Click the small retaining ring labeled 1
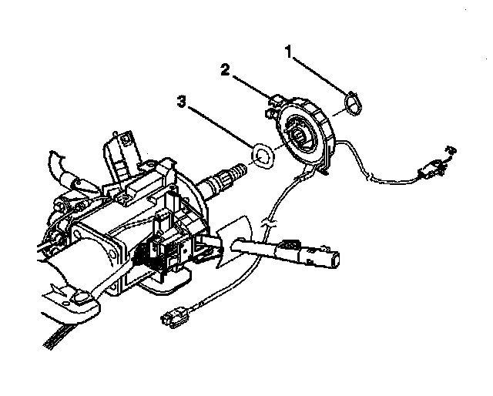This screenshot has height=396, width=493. [x=351, y=102]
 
